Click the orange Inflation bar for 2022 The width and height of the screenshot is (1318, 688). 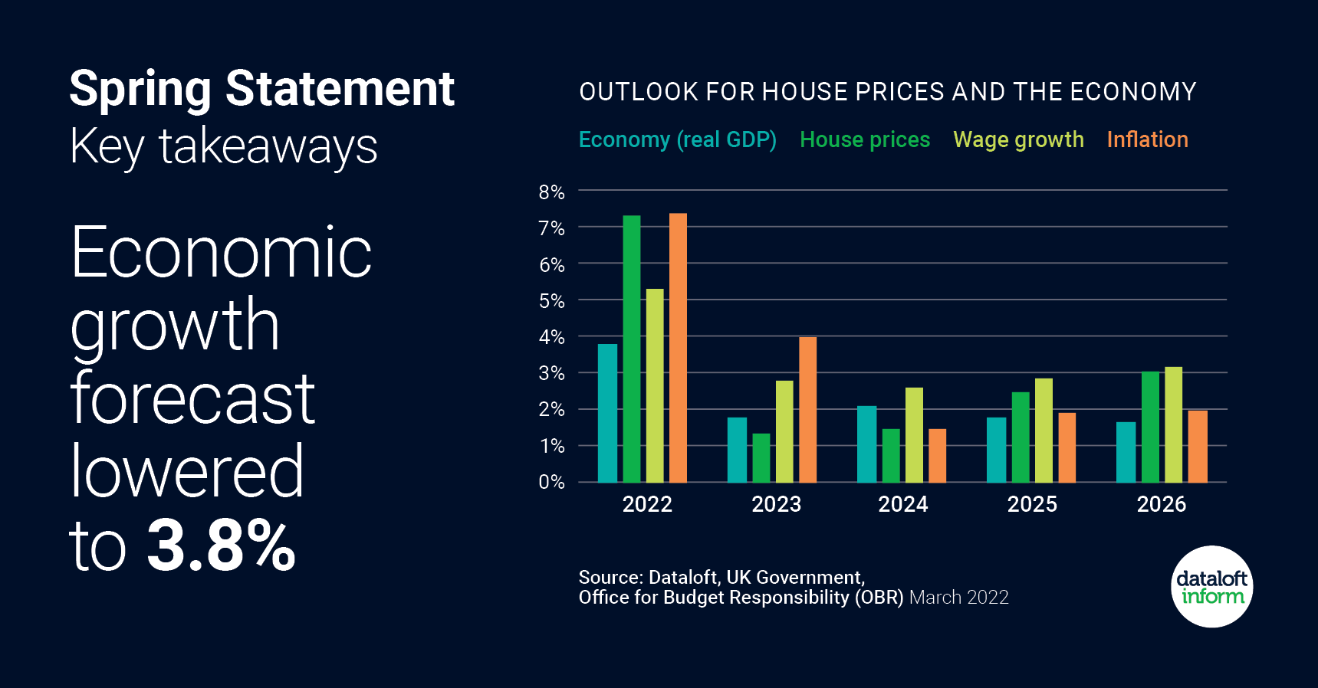678,348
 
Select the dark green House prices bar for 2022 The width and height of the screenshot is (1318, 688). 631,349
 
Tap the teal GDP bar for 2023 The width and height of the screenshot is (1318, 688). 737,450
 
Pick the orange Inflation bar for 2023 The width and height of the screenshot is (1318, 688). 807,410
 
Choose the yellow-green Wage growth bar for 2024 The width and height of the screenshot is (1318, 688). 914,435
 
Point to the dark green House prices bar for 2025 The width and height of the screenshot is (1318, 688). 1021,437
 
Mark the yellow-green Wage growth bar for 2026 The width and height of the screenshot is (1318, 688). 1173,424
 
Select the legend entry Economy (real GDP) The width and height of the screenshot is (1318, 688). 677,139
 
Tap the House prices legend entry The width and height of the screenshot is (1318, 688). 864,139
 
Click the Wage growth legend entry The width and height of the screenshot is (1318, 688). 1018,139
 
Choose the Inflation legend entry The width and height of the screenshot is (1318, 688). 1147,139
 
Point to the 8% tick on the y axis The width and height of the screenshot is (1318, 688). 551,192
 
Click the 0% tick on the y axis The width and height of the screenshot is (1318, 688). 551,482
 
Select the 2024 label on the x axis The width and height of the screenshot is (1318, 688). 902,504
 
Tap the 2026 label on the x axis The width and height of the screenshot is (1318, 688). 1161,504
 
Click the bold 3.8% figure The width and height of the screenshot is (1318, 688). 221,545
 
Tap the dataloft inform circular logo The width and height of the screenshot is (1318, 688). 1211,587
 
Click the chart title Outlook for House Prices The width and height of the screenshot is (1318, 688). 887,92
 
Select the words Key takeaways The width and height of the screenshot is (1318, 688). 223,146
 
